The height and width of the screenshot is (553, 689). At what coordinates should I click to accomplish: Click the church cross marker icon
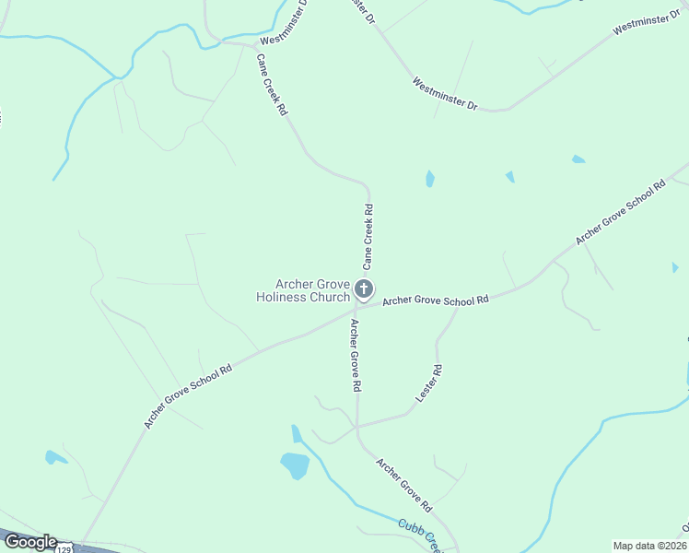click(x=364, y=289)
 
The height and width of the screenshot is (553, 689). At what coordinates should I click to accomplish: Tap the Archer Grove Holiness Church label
click(x=303, y=290)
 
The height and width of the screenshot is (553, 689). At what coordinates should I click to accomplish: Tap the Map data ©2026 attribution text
click(x=649, y=546)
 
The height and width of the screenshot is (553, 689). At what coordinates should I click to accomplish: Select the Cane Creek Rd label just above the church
click(x=368, y=237)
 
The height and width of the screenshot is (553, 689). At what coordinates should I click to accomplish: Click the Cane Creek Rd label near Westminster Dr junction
click(x=273, y=84)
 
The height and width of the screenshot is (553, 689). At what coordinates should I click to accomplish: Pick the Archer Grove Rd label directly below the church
click(x=354, y=356)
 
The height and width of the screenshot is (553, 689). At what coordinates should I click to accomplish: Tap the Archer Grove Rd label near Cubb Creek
click(x=403, y=485)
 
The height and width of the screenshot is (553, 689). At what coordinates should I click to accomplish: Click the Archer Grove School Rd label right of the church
click(x=435, y=300)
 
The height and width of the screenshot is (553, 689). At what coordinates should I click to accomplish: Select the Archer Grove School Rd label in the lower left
click(x=188, y=394)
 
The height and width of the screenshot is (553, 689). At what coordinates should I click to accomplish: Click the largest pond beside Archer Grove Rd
click(x=295, y=465)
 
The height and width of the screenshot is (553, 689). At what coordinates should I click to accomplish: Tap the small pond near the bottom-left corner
click(x=55, y=457)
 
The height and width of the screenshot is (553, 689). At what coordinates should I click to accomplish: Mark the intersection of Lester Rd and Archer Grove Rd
click(x=357, y=427)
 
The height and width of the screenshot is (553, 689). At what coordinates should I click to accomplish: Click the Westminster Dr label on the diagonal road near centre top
click(x=444, y=94)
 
